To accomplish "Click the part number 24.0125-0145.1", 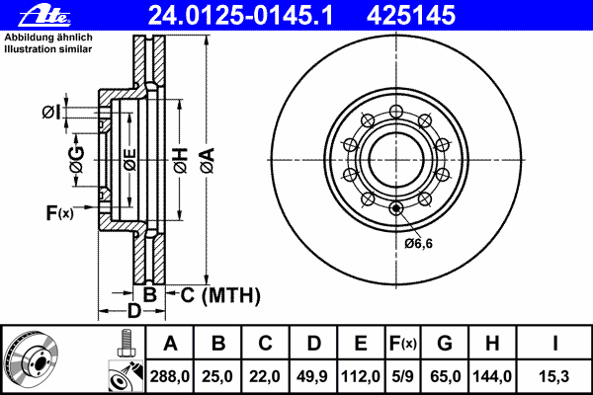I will coord(255,15).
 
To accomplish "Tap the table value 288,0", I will coord(170,376).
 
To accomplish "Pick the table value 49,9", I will coord(313,376).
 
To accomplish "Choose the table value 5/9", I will coord(402,376).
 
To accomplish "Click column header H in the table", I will coord(491,345).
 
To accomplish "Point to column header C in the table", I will coord(265,345).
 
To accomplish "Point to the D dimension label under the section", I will coord(133,311).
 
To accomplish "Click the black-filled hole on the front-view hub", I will coord(395,207).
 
